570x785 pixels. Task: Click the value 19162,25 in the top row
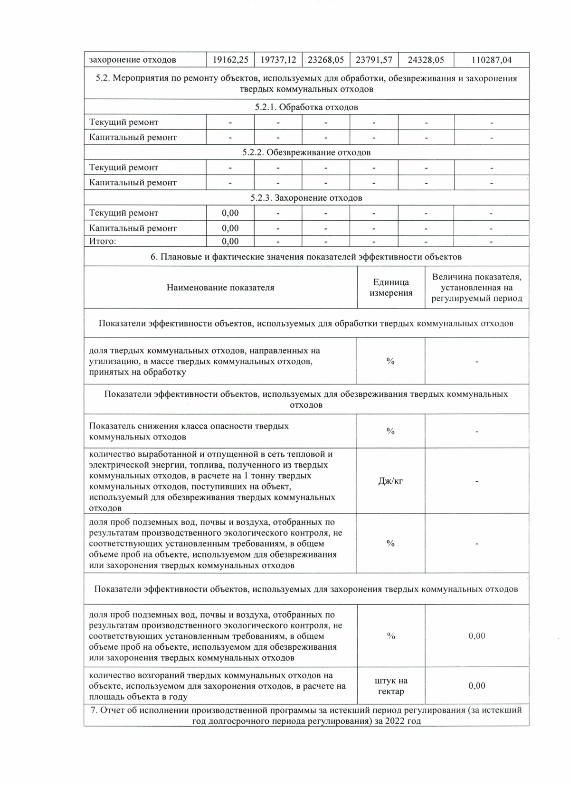[x=230, y=60]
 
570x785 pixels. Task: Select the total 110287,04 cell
[x=491, y=60]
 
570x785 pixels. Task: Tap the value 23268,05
[x=326, y=60]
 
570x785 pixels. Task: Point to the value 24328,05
[x=426, y=60]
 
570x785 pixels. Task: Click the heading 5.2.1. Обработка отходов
[x=306, y=107]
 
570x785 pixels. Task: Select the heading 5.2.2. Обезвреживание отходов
[x=306, y=152]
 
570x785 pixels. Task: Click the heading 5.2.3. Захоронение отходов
[x=306, y=198]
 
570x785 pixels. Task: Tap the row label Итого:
[x=103, y=241]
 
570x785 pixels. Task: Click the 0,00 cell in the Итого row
[x=230, y=241]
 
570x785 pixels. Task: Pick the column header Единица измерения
[x=391, y=288]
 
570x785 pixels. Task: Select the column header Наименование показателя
[x=220, y=288]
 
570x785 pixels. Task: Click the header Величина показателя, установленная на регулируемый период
[x=477, y=288]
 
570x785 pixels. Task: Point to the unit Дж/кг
[x=390, y=481]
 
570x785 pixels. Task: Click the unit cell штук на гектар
[x=391, y=686]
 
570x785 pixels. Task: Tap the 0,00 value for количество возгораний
[x=477, y=686]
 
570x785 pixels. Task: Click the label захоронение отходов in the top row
[x=133, y=60]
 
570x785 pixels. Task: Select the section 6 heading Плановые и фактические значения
[x=306, y=257]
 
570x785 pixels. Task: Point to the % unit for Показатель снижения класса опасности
[x=390, y=431]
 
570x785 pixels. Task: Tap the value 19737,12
[x=278, y=60]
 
